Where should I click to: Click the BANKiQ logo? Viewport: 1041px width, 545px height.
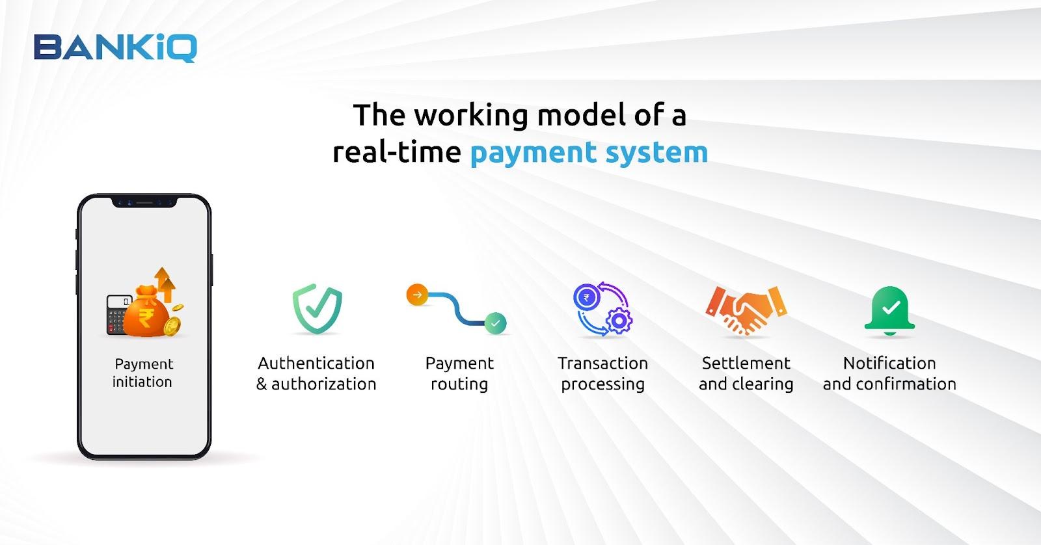pyautogui.click(x=115, y=47)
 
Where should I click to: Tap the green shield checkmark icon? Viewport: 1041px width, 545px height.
pyautogui.click(x=317, y=308)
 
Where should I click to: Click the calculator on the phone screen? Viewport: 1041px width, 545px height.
pyautogui.click(x=118, y=314)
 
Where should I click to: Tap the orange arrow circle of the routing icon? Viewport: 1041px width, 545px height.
pyautogui.click(x=417, y=295)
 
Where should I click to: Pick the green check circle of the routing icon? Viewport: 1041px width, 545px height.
pyautogui.click(x=495, y=323)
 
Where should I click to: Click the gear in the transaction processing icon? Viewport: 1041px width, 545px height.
pyautogui.click(x=619, y=320)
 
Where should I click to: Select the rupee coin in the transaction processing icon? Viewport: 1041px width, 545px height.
pyautogui.click(x=586, y=298)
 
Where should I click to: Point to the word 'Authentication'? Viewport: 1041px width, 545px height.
pyautogui.click(x=316, y=363)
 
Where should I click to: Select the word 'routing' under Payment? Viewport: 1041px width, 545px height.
pyautogui.click(x=459, y=384)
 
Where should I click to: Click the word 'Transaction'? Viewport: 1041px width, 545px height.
pyautogui.click(x=602, y=363)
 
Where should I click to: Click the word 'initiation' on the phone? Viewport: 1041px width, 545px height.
pyautogui.click(x=142, y=382)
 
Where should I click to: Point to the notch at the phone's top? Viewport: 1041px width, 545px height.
pyautogui.click(x=144, y=202)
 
